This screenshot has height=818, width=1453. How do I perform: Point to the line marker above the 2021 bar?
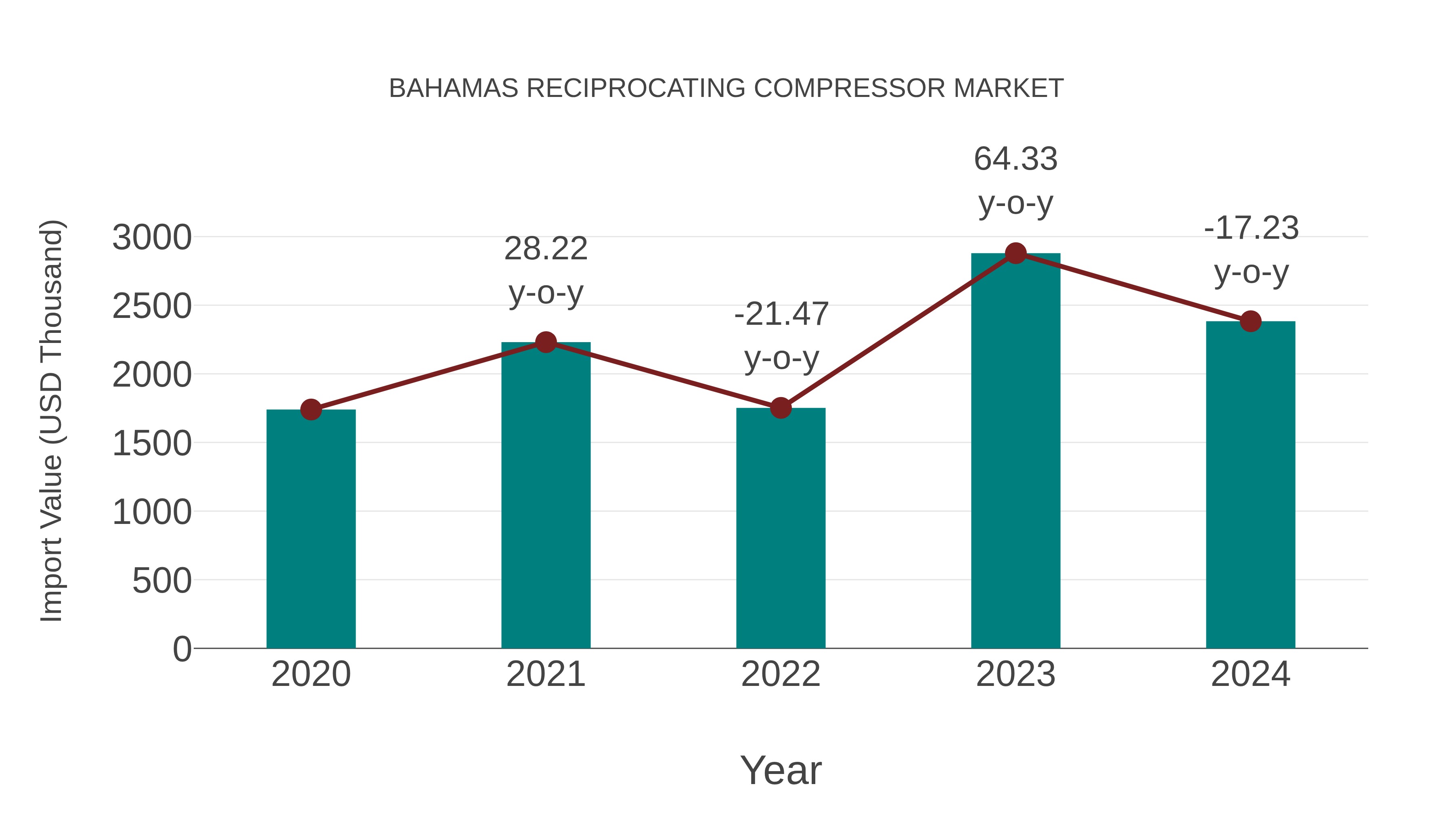545,342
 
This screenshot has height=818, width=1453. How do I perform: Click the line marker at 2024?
1250,321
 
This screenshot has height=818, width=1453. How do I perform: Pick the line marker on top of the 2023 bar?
1015,253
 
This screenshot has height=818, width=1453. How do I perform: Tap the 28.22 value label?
545,248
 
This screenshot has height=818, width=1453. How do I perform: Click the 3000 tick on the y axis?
152,238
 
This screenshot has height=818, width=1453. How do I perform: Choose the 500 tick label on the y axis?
162,581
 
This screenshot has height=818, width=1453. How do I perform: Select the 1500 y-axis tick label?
152,444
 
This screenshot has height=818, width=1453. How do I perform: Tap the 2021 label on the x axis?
545,674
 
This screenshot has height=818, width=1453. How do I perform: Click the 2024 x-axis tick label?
1250,674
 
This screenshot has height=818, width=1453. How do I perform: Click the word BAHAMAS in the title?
454,88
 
